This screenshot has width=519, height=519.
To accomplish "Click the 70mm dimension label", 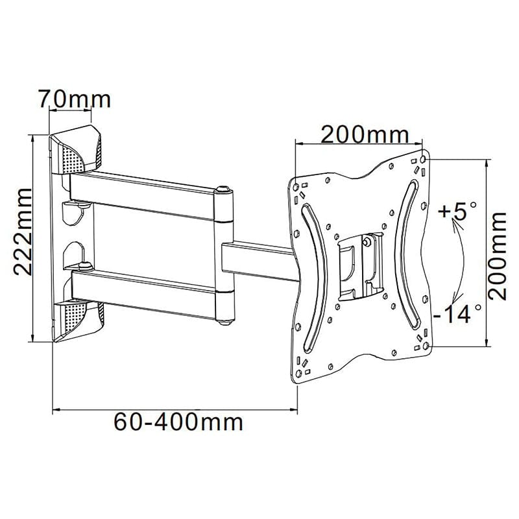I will click(x=75, y=99).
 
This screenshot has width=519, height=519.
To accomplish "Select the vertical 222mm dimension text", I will click(x=23, y=232).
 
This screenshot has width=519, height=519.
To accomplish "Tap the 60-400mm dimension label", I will click(x=179, y=422).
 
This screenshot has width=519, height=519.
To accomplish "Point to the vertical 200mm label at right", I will click(x=498, y=256).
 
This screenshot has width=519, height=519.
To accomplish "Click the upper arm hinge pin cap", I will click(x=223, y=189).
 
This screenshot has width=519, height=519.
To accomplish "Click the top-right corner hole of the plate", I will click(x=424, y=158).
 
